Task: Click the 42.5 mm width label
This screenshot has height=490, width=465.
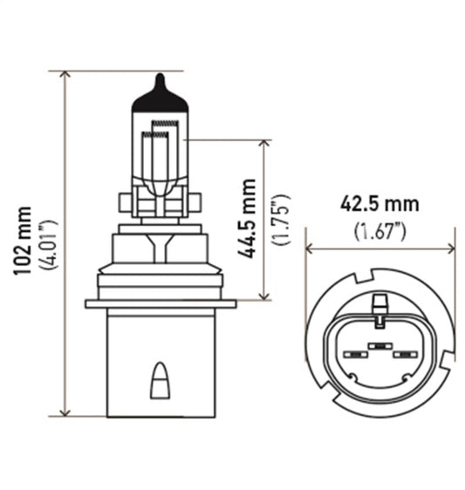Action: (380, 204)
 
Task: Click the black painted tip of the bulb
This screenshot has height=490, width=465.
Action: (158, 92)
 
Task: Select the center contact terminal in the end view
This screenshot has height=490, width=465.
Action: (379, 347)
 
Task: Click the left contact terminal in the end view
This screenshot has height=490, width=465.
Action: (355, 356)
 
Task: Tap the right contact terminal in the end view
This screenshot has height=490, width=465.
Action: (403, 356)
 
